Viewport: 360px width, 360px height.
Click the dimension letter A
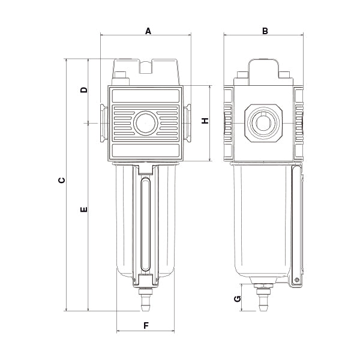[148, 30]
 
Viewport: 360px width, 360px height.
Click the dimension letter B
[265, 30]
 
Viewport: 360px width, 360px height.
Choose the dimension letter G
[238, 298]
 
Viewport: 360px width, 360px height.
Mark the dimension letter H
[205, 121]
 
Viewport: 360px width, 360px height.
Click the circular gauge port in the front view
[146, 123]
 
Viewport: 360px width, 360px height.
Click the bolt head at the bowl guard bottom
[296, 280]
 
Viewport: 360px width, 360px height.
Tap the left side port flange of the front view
[103, 122]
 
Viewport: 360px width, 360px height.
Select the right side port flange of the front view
[188, 122]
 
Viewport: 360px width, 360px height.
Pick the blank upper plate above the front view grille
[146, 95]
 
